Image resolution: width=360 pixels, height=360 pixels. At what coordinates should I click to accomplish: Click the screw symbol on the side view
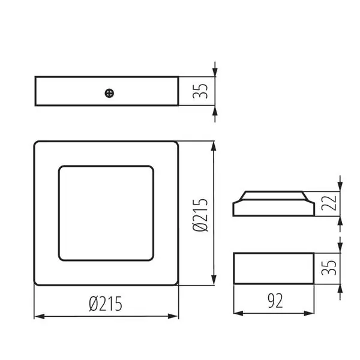click(x=109, y=93)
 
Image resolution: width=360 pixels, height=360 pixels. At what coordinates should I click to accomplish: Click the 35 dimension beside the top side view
click(x=200, y=91)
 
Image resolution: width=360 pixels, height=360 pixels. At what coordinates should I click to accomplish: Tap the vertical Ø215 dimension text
click(x=200, y=215)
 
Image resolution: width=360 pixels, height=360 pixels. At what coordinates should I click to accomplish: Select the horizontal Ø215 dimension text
click(x=106, y=304)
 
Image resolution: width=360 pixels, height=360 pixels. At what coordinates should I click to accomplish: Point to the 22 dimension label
click(x=329, y=203)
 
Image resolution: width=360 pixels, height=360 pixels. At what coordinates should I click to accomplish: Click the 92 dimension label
click(x=275, y=301)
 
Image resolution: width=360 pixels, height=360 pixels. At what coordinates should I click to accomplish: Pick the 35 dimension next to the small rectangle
click(x=329, y=268)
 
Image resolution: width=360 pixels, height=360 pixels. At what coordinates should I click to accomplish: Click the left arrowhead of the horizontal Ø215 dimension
click(x=40, y=317)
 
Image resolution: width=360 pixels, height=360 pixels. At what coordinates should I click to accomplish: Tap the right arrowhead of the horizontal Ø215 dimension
click(x=173, y=316)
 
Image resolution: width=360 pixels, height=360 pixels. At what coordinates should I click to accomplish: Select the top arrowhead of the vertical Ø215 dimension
click(x=214, y=147)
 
